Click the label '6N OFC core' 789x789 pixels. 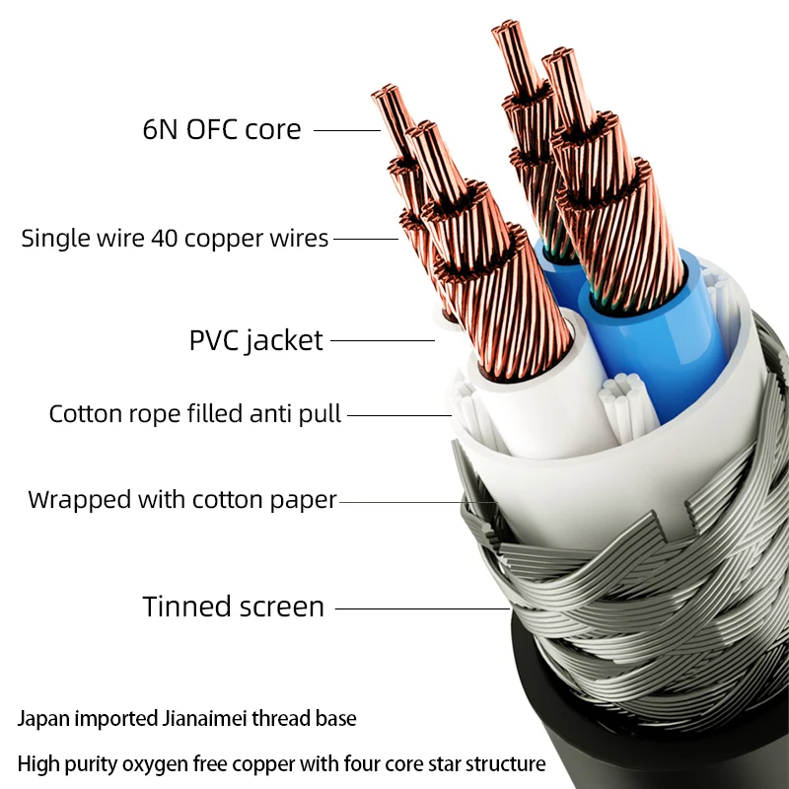pos(222,129)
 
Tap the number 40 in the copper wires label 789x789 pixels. pos(165,238)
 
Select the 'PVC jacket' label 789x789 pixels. pos(255,341)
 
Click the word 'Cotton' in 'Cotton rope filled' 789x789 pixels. pos(86,413)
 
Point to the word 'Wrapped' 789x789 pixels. pos(80,500)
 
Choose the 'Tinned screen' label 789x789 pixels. pos(234,607)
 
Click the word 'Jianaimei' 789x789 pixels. pos(204,719)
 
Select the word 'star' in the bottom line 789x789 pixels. pos(445,763)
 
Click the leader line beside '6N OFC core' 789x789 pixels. pos(347,131)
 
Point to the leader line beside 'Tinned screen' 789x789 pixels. pos(423,609)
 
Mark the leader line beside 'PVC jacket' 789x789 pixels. pos(383,340)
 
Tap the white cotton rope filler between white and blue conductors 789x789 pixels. pos(624,402)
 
